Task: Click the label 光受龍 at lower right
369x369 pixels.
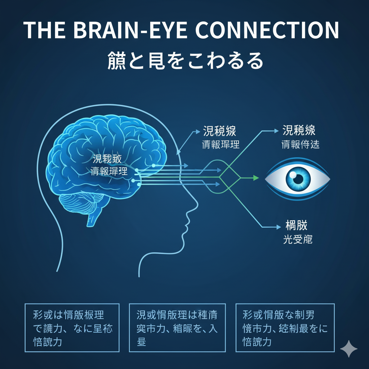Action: (x=298, y=240)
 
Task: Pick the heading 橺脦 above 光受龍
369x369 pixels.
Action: (x=296, y=226)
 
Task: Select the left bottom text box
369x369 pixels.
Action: (x=72, y=328)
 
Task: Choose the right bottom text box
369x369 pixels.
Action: (x=285, y=328)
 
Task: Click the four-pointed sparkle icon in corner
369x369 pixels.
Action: (x=348, y=348)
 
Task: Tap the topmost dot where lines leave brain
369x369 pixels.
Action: (x=153, y=165)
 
